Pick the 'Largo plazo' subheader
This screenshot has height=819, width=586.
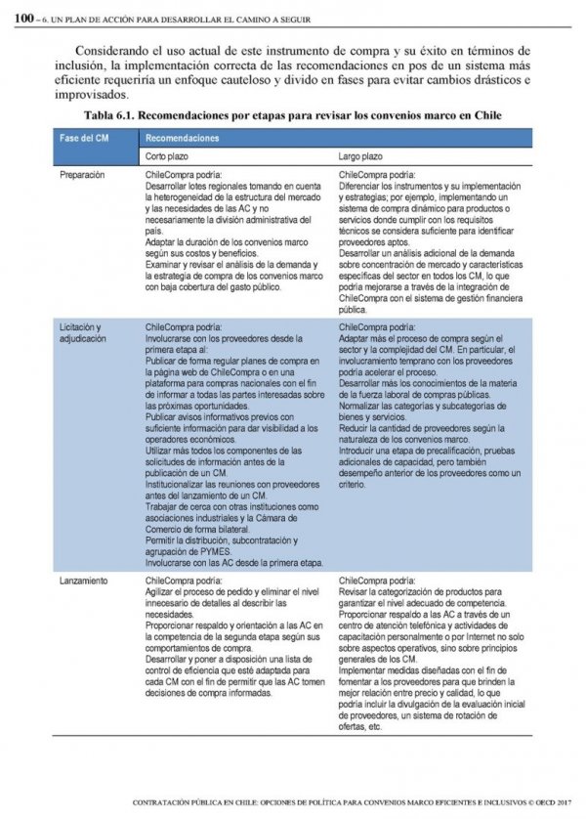(360, 156)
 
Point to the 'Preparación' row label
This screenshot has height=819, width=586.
(84, 175)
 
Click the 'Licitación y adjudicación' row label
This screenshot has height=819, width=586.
(82, 331)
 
